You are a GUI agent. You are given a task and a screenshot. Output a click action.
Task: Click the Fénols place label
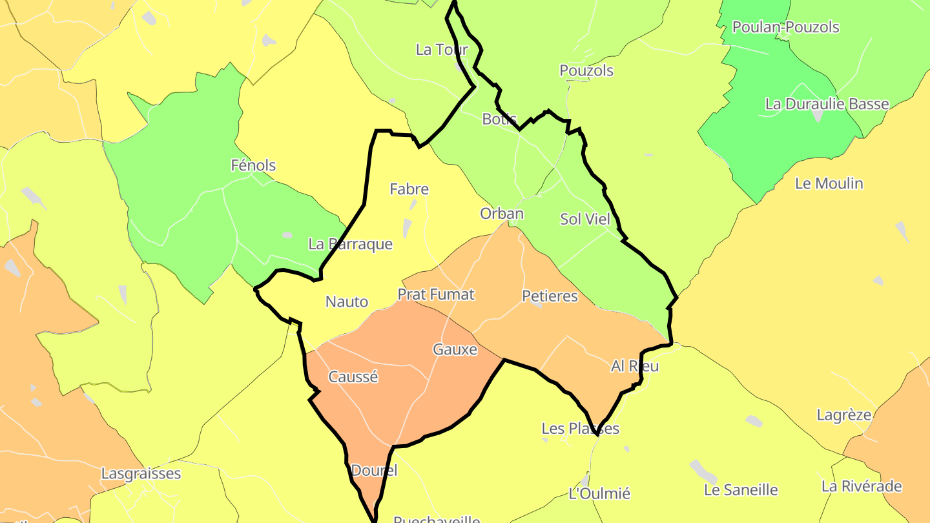pyautogui.click(x=253, y=165)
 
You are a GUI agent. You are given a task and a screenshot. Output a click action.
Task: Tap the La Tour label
pyautogui.click(x=442, y=50)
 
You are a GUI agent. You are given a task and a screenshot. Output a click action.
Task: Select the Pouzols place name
pyautogui.click(x=586, y=70)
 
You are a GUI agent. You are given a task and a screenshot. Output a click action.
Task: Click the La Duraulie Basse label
pyautogui.click(x=827, y=104)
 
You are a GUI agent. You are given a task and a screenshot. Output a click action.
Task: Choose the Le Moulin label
pyautogui.click(x=829, y=183)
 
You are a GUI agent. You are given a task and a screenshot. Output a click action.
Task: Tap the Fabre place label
pyautogui.click(x=409, y=189)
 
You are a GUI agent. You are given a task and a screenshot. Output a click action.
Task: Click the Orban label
pyautogui.click(x=502, y=214)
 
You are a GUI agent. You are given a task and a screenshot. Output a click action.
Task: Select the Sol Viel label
pyautogui.click(x=585, y=219)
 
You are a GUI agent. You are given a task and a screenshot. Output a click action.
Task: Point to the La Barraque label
pyautogui.click(x=351, y=244)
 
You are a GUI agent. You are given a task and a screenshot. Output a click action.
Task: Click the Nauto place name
pyautogui.click(x=347, y=302)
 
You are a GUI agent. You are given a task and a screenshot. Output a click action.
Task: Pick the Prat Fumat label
pyautogui.click(x=436, y=295)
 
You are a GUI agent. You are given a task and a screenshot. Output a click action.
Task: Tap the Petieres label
pyautogui.click(x=550, y=296)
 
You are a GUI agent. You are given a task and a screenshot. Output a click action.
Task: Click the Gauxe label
pyautogui.click(x=455, y=350)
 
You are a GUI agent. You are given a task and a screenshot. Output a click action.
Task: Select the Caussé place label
pyautogui.click(x=353, y=377)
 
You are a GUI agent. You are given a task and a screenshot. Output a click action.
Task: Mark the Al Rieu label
pyautogui.click(x=635, y=366)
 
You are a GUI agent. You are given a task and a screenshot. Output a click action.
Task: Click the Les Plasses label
pyautogui.click(x=580, y=429)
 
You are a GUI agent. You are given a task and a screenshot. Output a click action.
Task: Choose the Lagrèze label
pyautogui.click(x=844, y=415)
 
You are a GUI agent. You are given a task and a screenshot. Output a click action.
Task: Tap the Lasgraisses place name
pyautogui.click(x=141, y=474)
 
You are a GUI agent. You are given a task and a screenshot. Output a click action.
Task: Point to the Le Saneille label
pyautogui.click(x=741, y=490)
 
